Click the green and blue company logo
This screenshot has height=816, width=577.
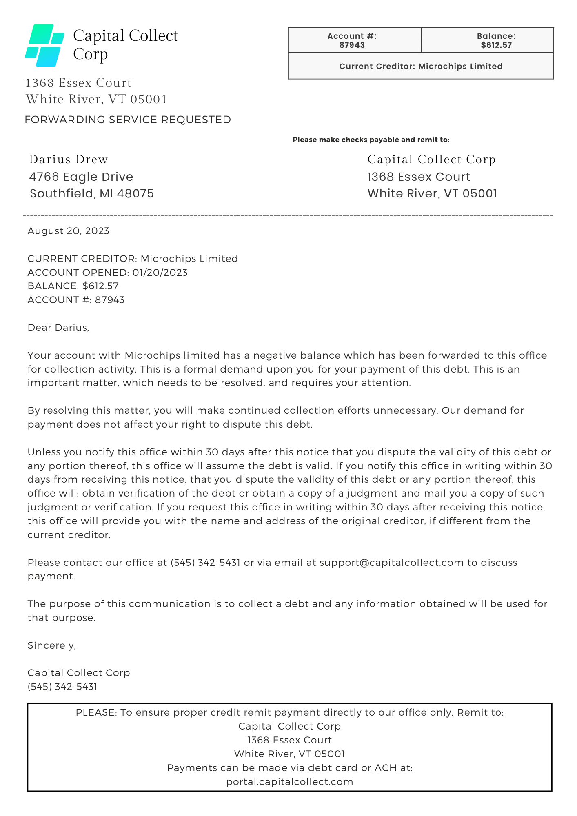(x=44, y=45)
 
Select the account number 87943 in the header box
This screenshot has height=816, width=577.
(x=352, y=45)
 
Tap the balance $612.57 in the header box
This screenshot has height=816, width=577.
(x=496, y=45)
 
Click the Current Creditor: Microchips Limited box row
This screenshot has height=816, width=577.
(x=421, y=66)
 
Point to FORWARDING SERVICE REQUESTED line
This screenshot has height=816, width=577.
(x=128, y=120)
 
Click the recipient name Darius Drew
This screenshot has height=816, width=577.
(x=69, y=160)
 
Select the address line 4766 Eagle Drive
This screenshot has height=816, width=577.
(x=81, y=177)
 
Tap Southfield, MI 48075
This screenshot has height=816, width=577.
(x=92, y=193)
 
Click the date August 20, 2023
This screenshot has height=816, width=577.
(x=68, y=231)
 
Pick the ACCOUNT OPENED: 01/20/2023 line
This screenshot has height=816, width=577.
(x=107, y=273)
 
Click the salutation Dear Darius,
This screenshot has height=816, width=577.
(x=58, y=328)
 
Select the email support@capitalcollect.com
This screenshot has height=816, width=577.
(x=391, y=563)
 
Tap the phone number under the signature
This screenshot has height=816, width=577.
(x=62, y=687)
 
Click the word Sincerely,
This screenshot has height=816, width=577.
(x=51, y=645)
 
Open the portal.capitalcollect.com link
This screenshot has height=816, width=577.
(x=289, y=782)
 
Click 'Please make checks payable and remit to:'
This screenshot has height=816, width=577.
(x=371, y=140)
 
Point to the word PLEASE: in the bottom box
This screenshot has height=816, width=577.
(x=96, y=713)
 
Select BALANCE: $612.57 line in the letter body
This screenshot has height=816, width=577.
(x=73, y=286)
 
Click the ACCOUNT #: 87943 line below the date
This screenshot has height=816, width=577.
(x=76, y=300)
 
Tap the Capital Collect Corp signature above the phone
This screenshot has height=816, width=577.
(x=78, y=673)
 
